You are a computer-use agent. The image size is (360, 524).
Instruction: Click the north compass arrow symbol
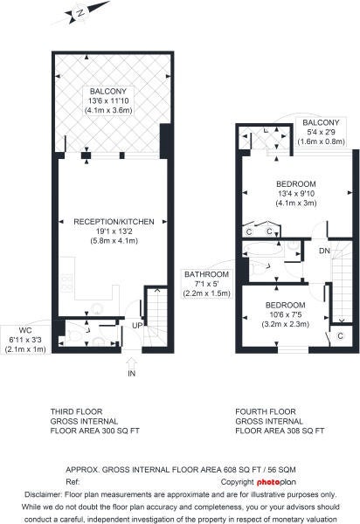point(81,13)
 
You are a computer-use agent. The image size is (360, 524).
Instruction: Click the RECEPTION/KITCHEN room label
point(114,222)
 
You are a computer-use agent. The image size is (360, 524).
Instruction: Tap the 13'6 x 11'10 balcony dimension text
point(108,100)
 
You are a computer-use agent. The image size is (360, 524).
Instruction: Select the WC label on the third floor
point(25,330)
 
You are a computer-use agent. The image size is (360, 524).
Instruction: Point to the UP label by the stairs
point(137,326)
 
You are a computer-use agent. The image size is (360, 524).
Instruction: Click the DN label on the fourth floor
point(324,251)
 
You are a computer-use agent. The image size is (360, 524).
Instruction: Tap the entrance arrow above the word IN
point(132,363)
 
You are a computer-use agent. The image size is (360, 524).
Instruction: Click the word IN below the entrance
point(132,374)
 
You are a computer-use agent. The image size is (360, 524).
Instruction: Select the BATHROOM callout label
point(206,274)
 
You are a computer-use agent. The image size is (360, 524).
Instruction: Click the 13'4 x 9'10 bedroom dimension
point(296,193)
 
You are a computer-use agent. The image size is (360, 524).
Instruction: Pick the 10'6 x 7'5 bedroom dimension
point(285,314)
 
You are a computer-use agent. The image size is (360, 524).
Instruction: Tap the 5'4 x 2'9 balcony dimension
point(321,132)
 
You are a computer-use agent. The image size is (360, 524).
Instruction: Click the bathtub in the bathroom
point(264,249)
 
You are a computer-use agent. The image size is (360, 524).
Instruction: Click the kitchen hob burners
point(66,283)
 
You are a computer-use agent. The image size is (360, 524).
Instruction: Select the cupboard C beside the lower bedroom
point(340,335)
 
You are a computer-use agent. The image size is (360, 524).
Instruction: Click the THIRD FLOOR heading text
point(77,411)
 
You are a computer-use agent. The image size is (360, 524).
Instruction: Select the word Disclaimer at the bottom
point(43,494)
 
